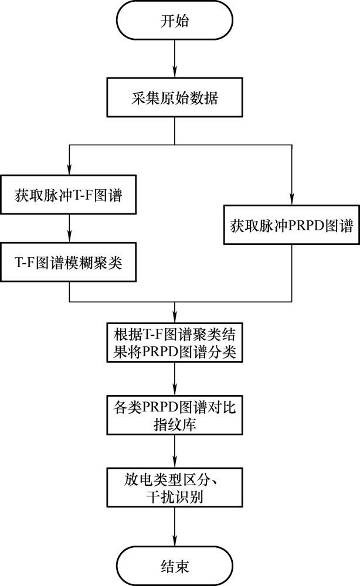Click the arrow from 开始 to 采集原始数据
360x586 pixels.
[x=175, y=59]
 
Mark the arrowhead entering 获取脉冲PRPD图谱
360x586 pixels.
[x=292, y=200]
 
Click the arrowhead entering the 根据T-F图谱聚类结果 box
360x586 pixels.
[x=175, y=318]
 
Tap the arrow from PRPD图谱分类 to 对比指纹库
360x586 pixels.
[x=175, y=379]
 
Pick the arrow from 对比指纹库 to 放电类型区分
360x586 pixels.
[x=175, y=451]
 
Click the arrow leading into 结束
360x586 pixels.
[x=175, y=527]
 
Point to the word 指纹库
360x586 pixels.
[x=175, y=425]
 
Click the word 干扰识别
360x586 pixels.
[x=175, y=497]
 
